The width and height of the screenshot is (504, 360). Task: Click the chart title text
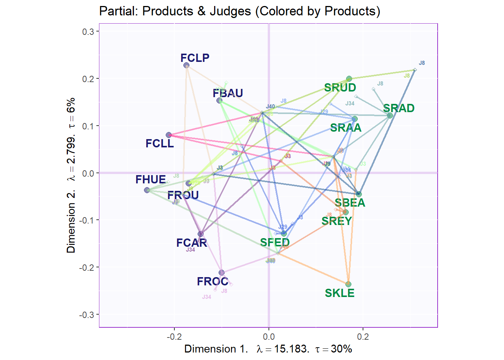pos(240,11)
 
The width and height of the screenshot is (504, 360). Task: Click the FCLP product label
pos(195,58)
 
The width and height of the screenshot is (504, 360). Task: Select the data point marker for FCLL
pos(169,135)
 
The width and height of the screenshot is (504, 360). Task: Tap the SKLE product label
pos(339,293)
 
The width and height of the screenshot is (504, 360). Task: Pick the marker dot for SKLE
pos(348,284)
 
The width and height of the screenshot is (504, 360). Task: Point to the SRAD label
pos(399,108)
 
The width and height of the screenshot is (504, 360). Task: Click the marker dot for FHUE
pos(147,190)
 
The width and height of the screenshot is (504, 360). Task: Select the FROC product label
pos(212,282)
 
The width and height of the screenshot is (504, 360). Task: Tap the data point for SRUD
pos(349,79)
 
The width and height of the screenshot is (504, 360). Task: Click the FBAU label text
pos(228,93)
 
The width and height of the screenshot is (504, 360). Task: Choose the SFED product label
pos(275,243)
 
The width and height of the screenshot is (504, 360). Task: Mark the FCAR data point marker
pos(201,234)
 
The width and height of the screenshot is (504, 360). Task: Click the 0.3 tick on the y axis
pos(88,31)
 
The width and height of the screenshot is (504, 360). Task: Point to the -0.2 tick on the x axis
pos(174,337)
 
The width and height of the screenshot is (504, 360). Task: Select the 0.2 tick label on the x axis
pos(363,337)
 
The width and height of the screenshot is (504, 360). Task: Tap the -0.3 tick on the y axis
pos(87,315)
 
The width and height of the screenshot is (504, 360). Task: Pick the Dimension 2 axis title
pos(71,175)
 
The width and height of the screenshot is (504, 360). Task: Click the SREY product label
pos(336,221)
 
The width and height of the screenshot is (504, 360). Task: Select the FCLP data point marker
pos(186,66)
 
